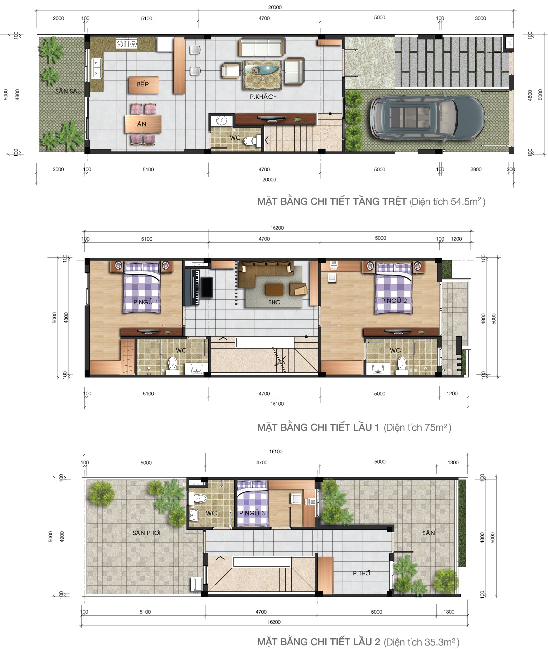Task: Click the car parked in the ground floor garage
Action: (x=426, y=117)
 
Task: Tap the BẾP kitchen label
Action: (x=143, y=84)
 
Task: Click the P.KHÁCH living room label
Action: (x=263, y=96)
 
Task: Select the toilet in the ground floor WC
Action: (x=252, y=141)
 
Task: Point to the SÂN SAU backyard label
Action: (x=68, y=91)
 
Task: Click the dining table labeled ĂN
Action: (x=142, y=124)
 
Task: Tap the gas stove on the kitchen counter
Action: (x=127, y=44)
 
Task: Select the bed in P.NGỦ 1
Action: (x=142, y=288)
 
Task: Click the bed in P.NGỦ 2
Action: (x=394, y=288)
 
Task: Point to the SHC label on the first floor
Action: (x=274, y=302)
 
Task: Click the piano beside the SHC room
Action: (x=192, y=287)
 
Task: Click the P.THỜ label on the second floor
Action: (x=361, y=573)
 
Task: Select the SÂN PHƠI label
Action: (x=146, y=533)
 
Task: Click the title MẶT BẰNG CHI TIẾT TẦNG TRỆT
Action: (x=331, y=202)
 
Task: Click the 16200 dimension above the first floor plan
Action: (x=277, y=228)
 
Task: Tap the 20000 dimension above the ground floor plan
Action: (x=274, y=7)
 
